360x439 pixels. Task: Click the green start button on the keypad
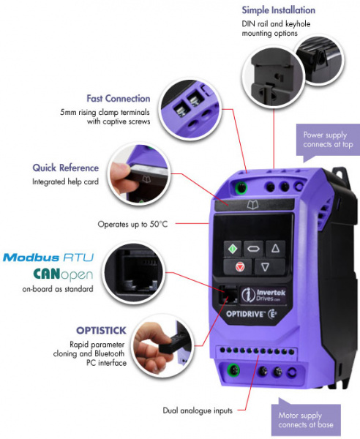[233, 248]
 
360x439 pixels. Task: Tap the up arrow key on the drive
[275, 248]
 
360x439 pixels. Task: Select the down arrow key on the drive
[266, 266]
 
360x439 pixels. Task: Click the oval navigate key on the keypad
[253, 248]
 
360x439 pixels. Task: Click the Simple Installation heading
[279, 10]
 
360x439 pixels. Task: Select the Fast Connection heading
[118, 99]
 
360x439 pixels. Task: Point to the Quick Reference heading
[66, 168]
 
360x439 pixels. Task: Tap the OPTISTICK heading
[101, 331]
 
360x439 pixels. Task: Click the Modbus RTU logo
[48, 258]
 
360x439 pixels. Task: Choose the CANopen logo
[63, 274]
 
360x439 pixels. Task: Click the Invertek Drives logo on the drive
[263, 295]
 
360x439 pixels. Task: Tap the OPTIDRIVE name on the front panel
[251, 314]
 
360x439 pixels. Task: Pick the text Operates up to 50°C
[132, 225]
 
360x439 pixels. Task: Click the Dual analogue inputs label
[198, 410]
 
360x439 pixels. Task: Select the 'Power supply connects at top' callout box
[328, 140]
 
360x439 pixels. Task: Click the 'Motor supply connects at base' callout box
[306, 419]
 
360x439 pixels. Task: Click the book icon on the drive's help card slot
[252, 205]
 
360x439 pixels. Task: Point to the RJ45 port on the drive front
[228, 295]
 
